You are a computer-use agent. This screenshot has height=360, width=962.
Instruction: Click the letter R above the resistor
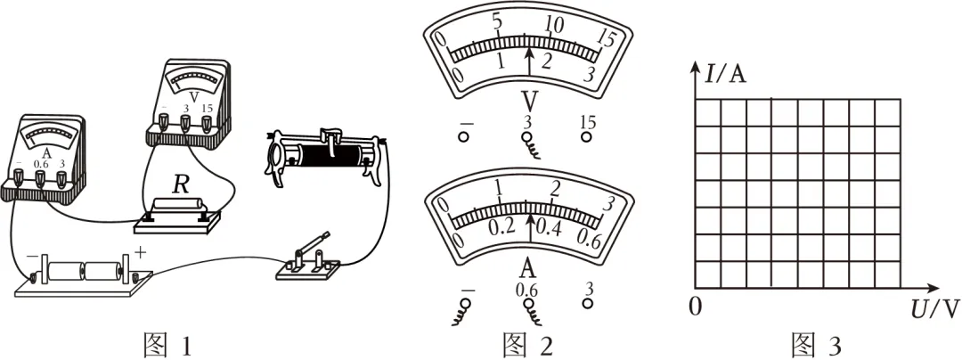(180, 186)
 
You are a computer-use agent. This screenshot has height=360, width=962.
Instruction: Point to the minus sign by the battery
(33, 253)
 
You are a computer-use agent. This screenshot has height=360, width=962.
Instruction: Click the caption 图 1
(167, 344)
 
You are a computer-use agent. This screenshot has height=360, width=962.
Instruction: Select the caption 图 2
(527, 344)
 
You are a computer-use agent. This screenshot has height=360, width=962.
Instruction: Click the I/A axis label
(726, 75)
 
